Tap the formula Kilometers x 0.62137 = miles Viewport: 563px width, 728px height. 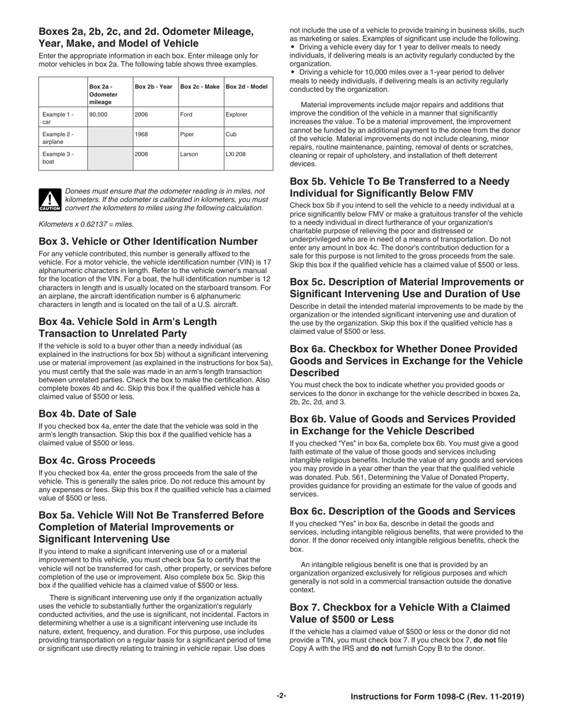[86, 224]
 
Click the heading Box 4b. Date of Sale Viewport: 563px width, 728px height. [87, 414]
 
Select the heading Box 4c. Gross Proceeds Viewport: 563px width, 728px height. [97, 460]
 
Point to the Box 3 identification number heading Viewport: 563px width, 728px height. [148, 241]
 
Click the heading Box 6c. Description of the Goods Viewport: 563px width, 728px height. [403, 511]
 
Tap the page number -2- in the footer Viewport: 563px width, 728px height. [281, 697]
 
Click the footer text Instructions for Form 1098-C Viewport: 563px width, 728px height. [437, 697]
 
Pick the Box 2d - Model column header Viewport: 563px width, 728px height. [247, 86]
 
